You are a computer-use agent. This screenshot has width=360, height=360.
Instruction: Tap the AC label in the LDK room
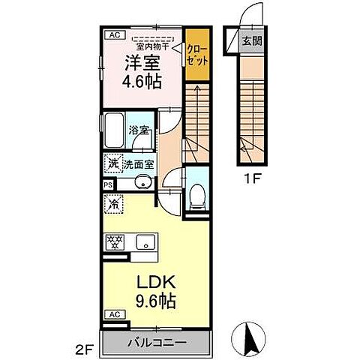click(x=115, y=315)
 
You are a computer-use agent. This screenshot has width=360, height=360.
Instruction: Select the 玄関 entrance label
click(x=252, y=40)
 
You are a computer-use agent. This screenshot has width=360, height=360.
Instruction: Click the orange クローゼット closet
click(x=197, y=55)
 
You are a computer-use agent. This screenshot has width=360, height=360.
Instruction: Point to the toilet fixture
click(x=197, y=196)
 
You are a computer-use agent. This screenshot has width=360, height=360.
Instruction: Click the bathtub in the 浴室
click(x=114, y=130)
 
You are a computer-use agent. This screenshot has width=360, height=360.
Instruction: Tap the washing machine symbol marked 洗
click(x=113, y=163)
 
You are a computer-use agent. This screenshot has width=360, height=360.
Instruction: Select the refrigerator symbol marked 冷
click(x=114, y=205)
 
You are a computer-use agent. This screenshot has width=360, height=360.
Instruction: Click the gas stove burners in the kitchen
click(x=115, y=242)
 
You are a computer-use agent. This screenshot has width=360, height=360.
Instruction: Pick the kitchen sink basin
click(x=145, y=242)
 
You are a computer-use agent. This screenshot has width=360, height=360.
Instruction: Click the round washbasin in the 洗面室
click(x=143, y=183)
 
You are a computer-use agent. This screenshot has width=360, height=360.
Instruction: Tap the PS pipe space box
click(x=109, y=185)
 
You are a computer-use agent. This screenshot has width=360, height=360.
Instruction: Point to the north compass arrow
click(x=249, y=339)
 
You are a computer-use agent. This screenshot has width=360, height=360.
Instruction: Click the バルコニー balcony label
click(x=157, y=343)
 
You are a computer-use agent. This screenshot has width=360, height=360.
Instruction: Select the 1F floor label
click(x=253, y=179)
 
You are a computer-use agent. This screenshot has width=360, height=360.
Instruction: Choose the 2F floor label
click(x=84, y=348)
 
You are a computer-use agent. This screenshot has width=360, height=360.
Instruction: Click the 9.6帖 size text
click(x=155, y=301)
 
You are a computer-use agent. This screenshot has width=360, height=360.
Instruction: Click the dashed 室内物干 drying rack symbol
click(x=153, y=39)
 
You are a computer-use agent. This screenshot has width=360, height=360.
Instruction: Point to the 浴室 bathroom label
click(x=139, y=130)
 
